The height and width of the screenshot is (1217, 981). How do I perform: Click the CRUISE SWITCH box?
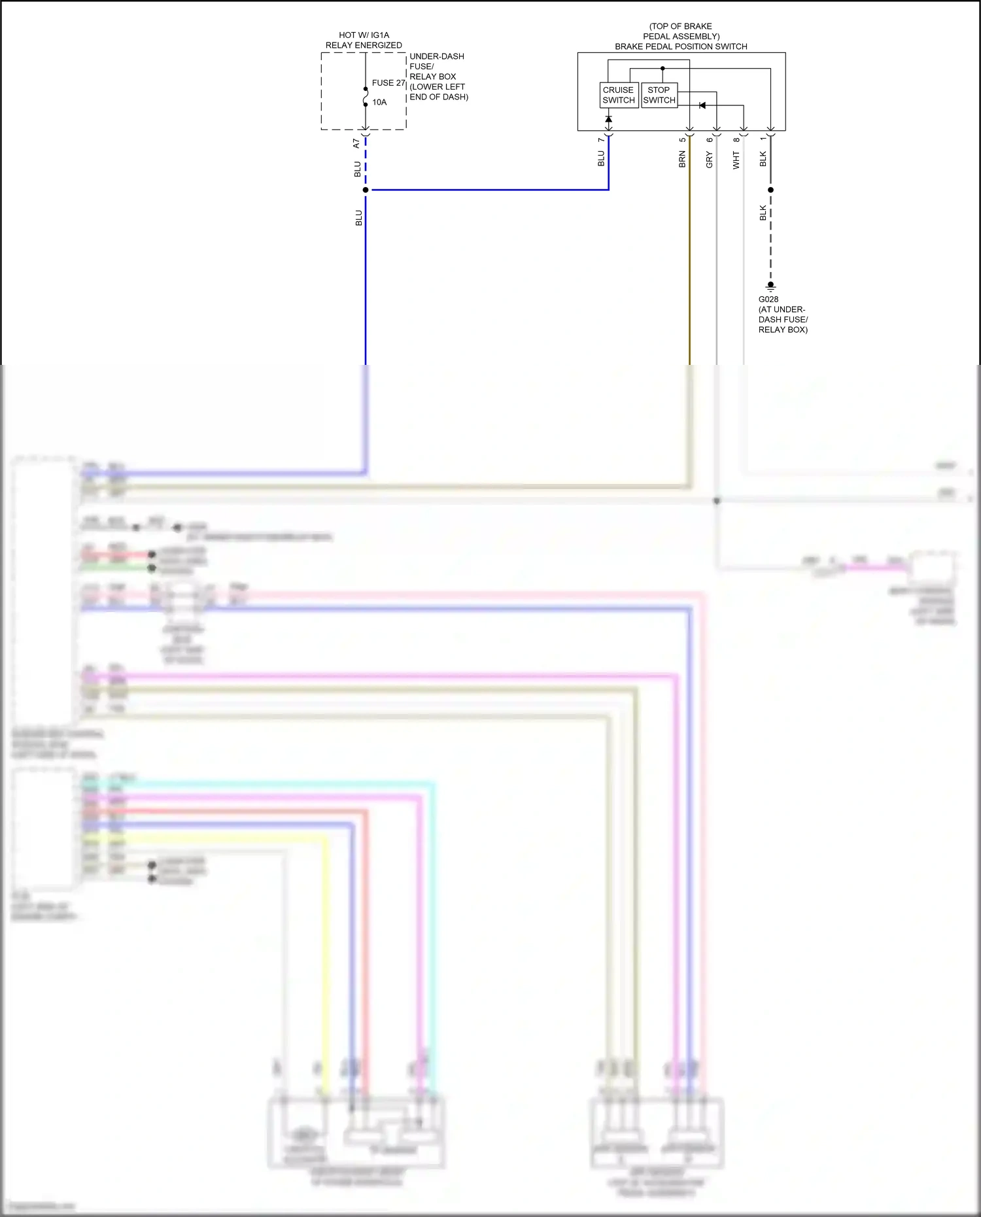pos(619,95)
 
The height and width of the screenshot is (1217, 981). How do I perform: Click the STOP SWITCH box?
pos(659,95)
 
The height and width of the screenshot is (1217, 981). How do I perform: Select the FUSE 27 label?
pos(388,83)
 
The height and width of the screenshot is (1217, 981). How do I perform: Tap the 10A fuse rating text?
pos(379,103)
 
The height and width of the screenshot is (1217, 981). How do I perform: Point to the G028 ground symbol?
pos(770,286)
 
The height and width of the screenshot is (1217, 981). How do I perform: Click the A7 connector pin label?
pos(356,143)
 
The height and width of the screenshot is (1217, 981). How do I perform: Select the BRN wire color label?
pos(682,160)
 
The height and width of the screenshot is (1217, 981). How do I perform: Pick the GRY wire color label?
pos(709,160)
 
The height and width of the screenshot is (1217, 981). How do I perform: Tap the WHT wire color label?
pos(736,160)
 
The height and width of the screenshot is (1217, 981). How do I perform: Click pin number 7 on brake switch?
pos(601,140)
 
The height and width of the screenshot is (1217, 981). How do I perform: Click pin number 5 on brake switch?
pos(682,140)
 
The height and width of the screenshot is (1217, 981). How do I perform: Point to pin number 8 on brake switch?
pos(736,140)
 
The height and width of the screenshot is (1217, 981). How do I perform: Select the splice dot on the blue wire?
pos(366,190)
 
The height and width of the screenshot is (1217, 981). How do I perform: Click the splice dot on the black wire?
pos(770,190)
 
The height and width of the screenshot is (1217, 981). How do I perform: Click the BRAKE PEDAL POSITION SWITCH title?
pos(680,46)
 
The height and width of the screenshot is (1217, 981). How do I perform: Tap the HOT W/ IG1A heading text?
pos(364,35)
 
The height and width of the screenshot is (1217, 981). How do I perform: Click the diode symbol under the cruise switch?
pos(608,119)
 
